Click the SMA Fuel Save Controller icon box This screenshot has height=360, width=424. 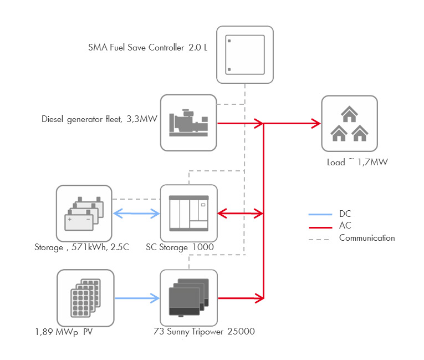coord(244,54)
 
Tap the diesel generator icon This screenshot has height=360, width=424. coord(188,123)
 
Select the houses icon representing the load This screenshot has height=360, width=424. coord(349,124)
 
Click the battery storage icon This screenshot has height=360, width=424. coord(84,213)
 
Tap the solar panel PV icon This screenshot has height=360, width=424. coord(85,298)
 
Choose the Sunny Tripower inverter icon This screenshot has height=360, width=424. coord(188,298)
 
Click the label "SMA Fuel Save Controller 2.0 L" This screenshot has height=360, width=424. coord(148,48)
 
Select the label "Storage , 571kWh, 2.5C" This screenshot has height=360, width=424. coord(81,247)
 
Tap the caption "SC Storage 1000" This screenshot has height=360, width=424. coord(180,247)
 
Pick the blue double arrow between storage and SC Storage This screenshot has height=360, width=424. coord(136,213)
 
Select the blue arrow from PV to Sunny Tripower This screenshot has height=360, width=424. coord(137,298)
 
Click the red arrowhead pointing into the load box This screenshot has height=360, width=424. coord(316,123)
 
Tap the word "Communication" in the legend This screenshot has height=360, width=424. coord(367,238)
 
